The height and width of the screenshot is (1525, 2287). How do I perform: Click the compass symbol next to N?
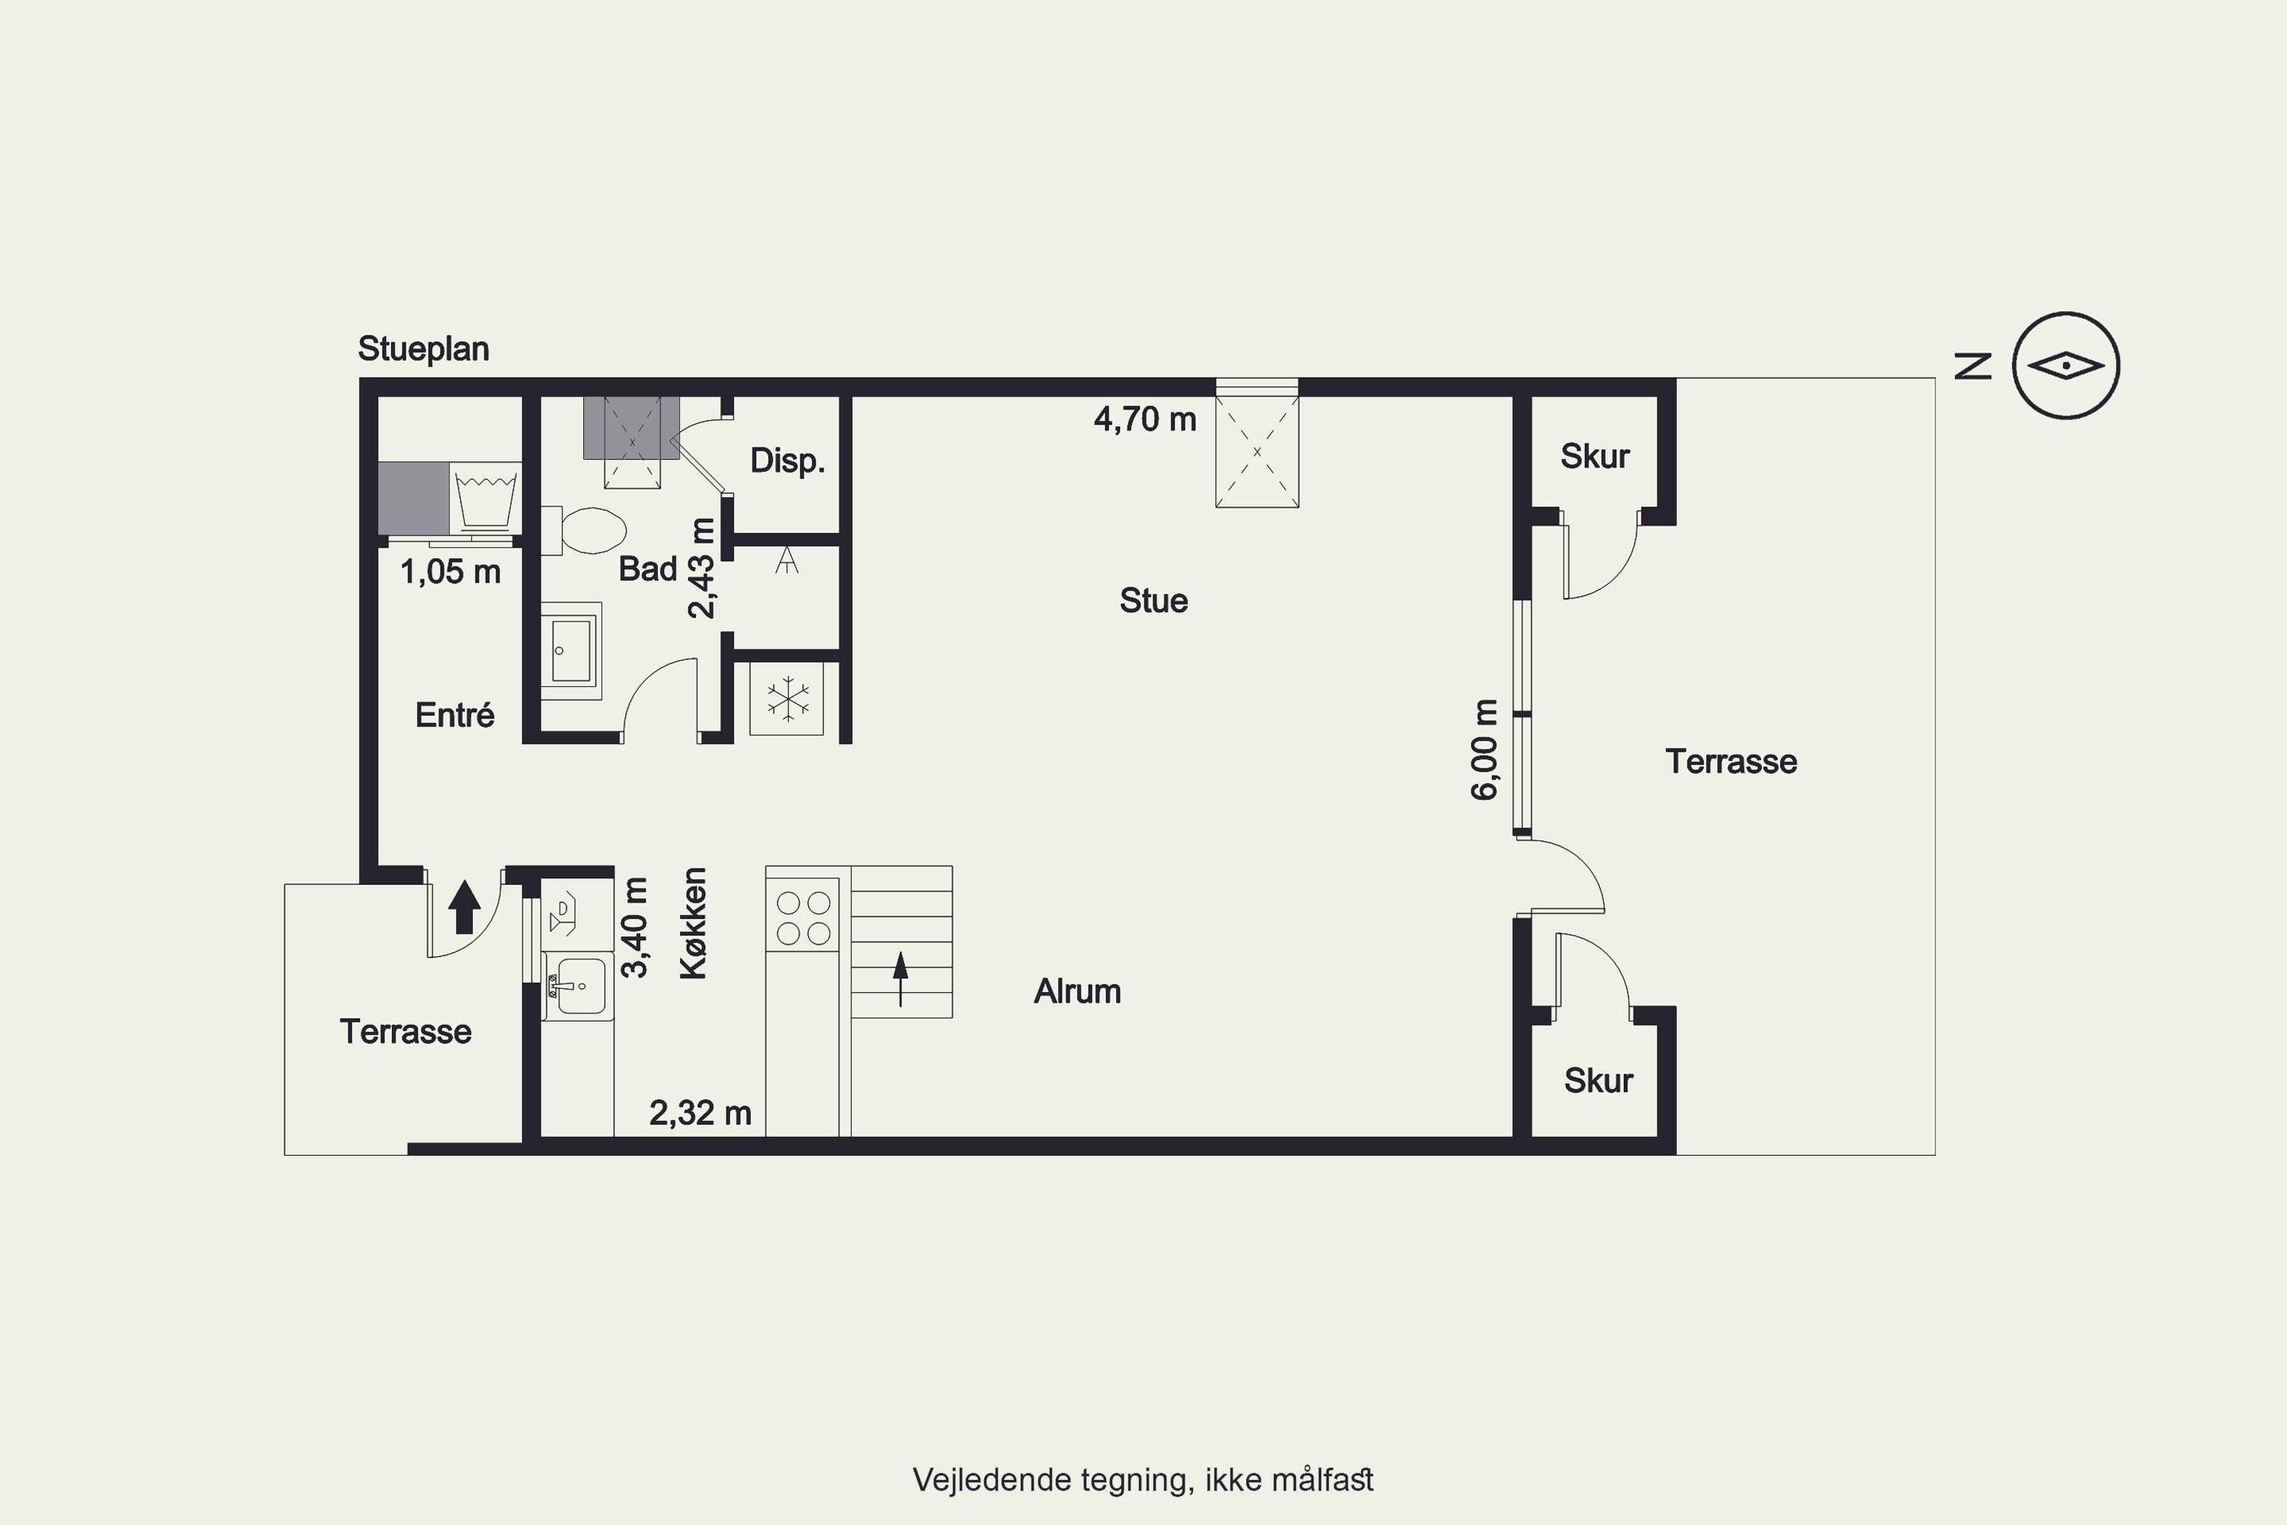(2065, 366)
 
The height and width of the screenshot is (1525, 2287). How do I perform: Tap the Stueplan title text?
(423, 348)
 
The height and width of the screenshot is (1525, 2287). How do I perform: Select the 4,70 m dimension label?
(1144, 419)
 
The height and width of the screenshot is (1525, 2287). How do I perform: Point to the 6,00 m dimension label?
(1485, 749)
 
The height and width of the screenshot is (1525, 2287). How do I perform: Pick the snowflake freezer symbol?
(787, 699)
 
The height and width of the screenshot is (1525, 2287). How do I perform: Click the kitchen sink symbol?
(579, 986)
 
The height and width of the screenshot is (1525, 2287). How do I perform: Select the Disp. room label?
(787, 460)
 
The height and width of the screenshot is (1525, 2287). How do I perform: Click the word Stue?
(1153, 600)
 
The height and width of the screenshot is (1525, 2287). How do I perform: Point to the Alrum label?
(1077, 991)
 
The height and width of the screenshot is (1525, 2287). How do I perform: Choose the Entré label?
(455, 715)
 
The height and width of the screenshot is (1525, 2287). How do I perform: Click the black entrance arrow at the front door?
(465, 907)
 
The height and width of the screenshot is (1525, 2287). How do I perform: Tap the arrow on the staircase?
(900, 978)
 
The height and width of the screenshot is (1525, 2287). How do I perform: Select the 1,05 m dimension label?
(451, 572)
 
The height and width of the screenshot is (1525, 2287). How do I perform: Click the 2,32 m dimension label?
(700, 1112)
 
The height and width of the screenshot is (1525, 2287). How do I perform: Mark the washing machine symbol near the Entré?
(485, 498)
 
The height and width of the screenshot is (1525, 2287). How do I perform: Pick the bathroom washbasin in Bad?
(572, 650)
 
